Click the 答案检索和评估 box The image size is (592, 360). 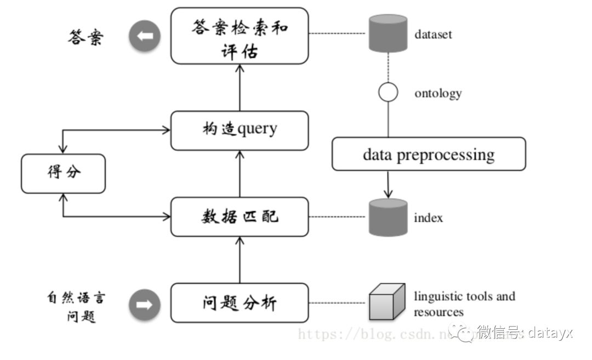click(240, 36)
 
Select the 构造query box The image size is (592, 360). click(240, 130)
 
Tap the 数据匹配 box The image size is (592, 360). click(240, 216)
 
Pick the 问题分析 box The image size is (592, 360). click(240, 302)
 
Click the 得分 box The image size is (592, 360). click(63, 173)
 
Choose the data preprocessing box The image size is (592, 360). click(428, 154)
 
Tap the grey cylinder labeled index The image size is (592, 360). click(388, 217)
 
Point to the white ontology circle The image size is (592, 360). click(388, 92)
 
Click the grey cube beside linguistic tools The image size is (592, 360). click(386, 302)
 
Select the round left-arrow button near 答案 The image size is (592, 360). click(145, 37)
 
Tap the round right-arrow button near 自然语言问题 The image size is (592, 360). click(145, 305)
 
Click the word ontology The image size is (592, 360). click(437, 93)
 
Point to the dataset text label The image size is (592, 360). click(433, 35)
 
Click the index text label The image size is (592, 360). click(428, 218)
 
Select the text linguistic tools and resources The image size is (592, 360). click(464, 304)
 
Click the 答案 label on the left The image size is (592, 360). click(86, 37)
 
